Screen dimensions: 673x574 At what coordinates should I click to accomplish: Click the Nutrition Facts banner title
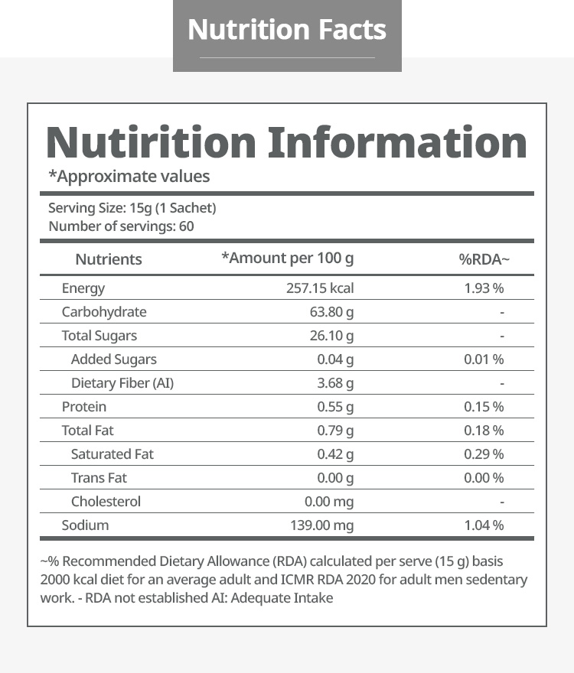[x=287, y=30]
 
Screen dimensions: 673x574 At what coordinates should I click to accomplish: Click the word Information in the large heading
[x=398, y=143]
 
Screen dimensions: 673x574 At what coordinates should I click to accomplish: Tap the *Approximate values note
[x=129, y=177]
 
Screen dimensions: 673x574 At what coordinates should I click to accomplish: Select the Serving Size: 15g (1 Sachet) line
[x=132, y=208]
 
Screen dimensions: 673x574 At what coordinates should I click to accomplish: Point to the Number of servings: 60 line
[x=121, y=226]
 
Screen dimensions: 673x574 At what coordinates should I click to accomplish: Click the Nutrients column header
[x=109, y=259]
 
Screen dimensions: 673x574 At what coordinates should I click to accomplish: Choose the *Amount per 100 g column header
[x=288, y=258]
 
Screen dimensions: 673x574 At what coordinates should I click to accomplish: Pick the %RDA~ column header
[x=484, y=259]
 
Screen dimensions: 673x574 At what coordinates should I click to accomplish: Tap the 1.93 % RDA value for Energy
[x=484, y=288]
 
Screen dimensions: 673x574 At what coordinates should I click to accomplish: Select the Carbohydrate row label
[x=104, y=312]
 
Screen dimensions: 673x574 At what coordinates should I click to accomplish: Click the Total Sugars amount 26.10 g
[x=329, y=336]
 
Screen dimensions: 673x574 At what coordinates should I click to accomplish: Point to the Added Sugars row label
[x=114, y=359]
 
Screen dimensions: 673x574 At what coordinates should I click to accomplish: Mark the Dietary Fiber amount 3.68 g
[x=335, y=383]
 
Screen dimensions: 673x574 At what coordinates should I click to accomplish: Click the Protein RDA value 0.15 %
[x=484, y=407]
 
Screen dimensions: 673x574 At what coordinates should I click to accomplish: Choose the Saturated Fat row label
[x=113, y=454]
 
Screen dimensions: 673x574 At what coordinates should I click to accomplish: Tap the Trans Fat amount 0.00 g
[x=335, y=478]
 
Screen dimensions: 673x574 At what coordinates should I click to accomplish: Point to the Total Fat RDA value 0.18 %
[x=484, y=431]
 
